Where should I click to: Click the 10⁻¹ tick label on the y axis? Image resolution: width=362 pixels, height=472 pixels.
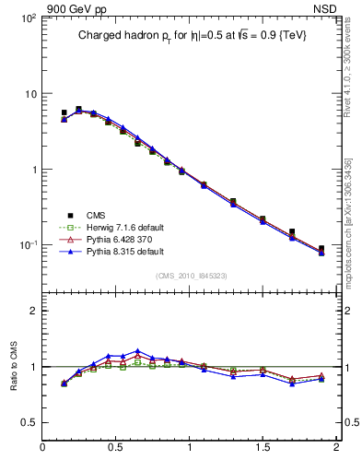28,245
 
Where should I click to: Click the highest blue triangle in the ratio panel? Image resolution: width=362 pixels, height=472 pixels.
137,351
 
